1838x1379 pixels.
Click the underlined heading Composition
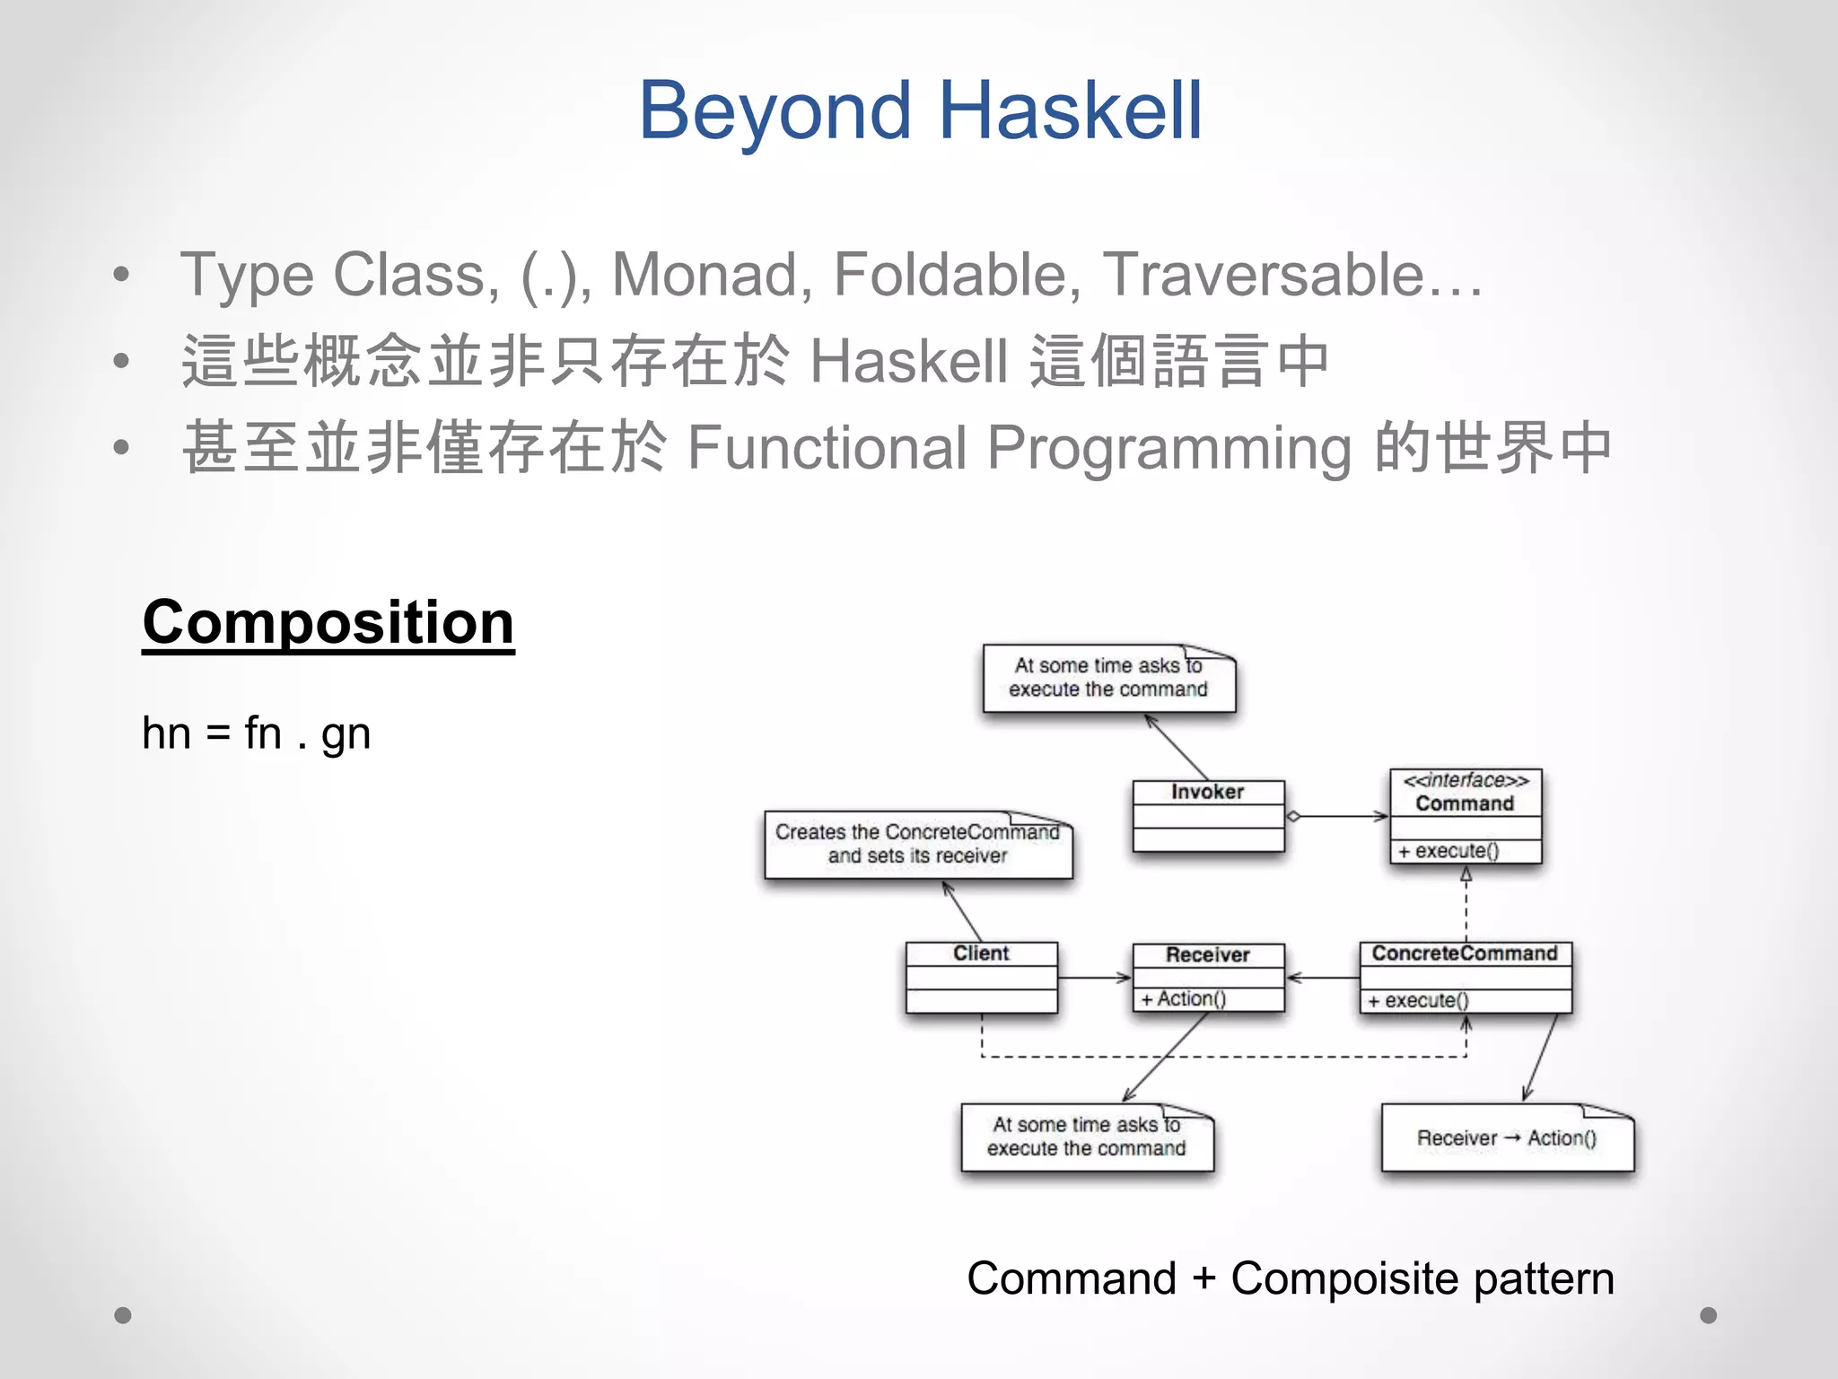tap(328, 622)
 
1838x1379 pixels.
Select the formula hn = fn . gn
tap(256, 733)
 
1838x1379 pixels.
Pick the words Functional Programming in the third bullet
tap(1019, 447)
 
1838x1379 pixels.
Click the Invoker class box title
tap(1208, 792)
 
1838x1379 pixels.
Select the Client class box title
tap(981, 953)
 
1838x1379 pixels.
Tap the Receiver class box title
tap(1208, 955)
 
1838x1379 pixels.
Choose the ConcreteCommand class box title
tap(1465, 953)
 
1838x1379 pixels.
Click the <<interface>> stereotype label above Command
tap(1466, 780)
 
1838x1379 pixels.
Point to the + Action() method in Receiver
tap(1184, 999)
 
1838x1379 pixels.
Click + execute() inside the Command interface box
tap(1449, 851)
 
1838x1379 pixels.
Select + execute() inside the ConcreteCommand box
tap(1419, 1000)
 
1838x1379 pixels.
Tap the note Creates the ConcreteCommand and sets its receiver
tap(917, 844)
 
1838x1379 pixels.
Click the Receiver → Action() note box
tap(1507, 1138)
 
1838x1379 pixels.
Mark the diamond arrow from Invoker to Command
tap(1337, 816)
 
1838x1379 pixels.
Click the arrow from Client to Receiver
tap(1094, 978)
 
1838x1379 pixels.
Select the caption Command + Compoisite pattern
tap(1291, 1278)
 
